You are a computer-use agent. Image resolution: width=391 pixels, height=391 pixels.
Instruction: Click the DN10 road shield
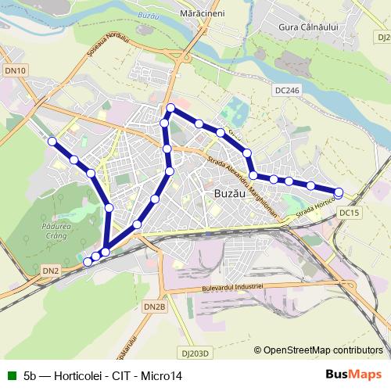(16, 70)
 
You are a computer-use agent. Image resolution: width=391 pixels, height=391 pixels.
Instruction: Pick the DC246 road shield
(288, 91)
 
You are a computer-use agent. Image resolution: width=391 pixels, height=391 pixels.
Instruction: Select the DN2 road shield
(50, 271)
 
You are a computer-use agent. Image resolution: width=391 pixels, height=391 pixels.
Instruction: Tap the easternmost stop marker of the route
(339, 192)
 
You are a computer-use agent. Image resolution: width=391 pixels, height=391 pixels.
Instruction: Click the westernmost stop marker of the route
(52, 142)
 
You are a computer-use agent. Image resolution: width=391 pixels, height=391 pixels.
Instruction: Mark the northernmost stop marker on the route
(170, 107)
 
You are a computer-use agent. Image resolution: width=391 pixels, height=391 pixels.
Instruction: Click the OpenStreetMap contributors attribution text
(323, 350)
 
